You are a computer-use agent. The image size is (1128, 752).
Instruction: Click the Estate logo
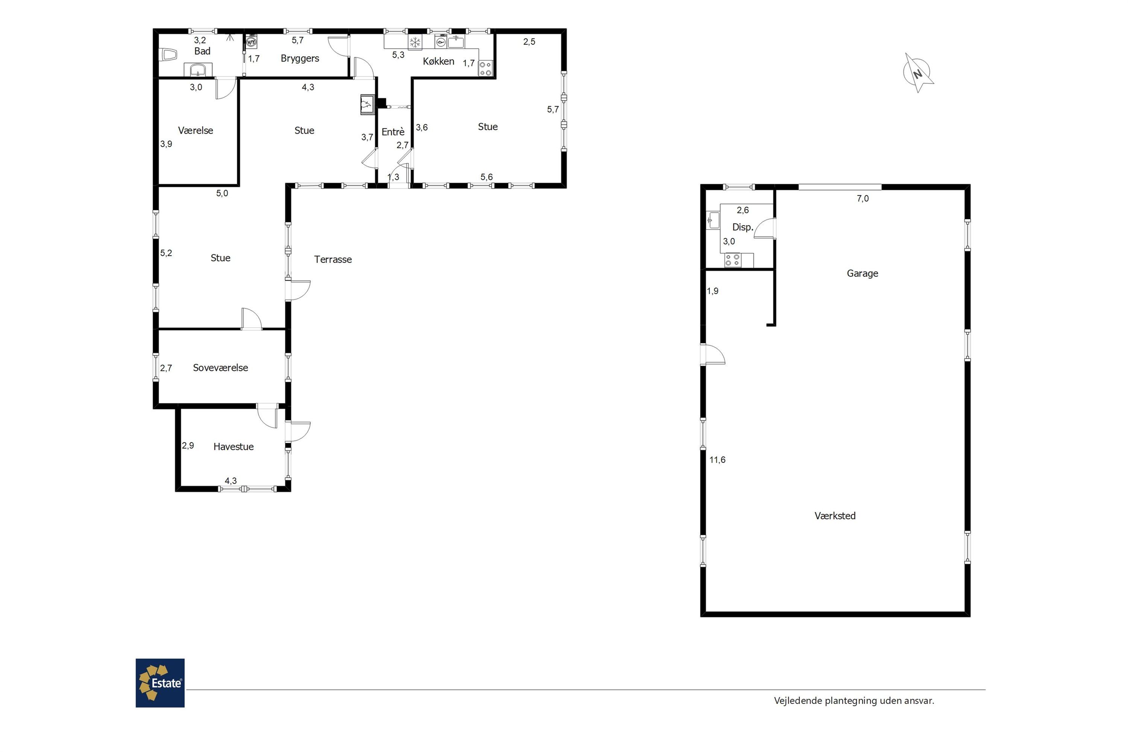click(160, 682)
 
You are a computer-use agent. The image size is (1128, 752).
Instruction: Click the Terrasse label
click(333, 259)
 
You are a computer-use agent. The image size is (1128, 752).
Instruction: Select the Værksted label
click(835, 516)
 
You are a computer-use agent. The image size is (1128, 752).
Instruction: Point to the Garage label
click(862, 273)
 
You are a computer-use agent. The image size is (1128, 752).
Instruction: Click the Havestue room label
click(233, 447)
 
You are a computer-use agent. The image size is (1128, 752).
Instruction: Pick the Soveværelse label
click(221, 368)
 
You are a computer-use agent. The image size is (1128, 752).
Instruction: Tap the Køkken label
click(438, 61)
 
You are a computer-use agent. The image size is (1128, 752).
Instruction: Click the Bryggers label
click(300, 59)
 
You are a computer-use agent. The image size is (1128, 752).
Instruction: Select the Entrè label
click(393, 132)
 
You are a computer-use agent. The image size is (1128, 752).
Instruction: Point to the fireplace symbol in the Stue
click(368, 105)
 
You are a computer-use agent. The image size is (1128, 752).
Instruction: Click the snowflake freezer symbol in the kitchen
click(415, 42)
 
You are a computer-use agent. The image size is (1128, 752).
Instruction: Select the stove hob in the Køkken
click(485, 68)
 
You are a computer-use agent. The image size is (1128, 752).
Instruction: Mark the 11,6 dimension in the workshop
click(717, 460)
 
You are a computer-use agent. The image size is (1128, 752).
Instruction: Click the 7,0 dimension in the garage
click(863, 199)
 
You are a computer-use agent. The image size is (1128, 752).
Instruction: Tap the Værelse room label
click(195, 130)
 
